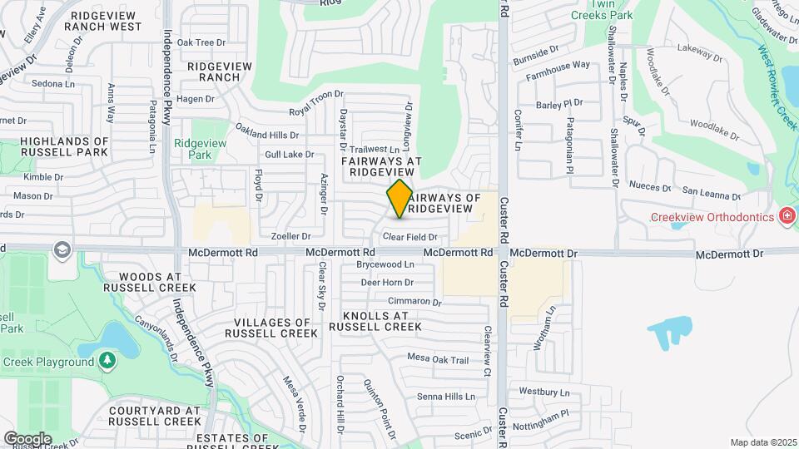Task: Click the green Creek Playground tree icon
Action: (x=107, y=361)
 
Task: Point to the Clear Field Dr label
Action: (x=409, y=237)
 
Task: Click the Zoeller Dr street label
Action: (x=291, y=236)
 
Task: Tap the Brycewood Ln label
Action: (x=385, y=263)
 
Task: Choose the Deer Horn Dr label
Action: (x=387, y=283)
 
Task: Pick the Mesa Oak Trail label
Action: (x=439, y=359)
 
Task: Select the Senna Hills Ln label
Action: (x=446, y=396)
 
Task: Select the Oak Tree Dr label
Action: (x=201, y=42)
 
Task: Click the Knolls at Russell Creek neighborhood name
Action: (x=375, y=321)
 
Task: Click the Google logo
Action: (x=27, y=438)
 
